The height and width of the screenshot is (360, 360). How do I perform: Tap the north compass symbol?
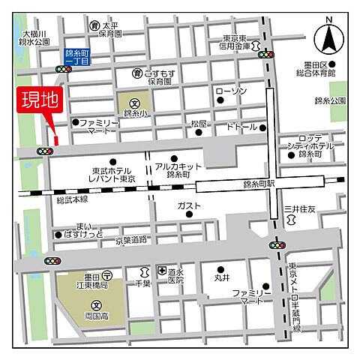[x=328, y=36]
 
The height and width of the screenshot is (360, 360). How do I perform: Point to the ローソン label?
[x=230, y=91]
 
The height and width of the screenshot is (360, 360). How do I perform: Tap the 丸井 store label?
[x=222, y=278]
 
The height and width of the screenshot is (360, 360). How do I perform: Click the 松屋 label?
[x=199, y=122]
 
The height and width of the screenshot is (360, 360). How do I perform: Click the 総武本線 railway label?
[x=72, y=199]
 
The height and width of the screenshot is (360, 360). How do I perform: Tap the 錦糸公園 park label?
[x=330, y=100]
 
